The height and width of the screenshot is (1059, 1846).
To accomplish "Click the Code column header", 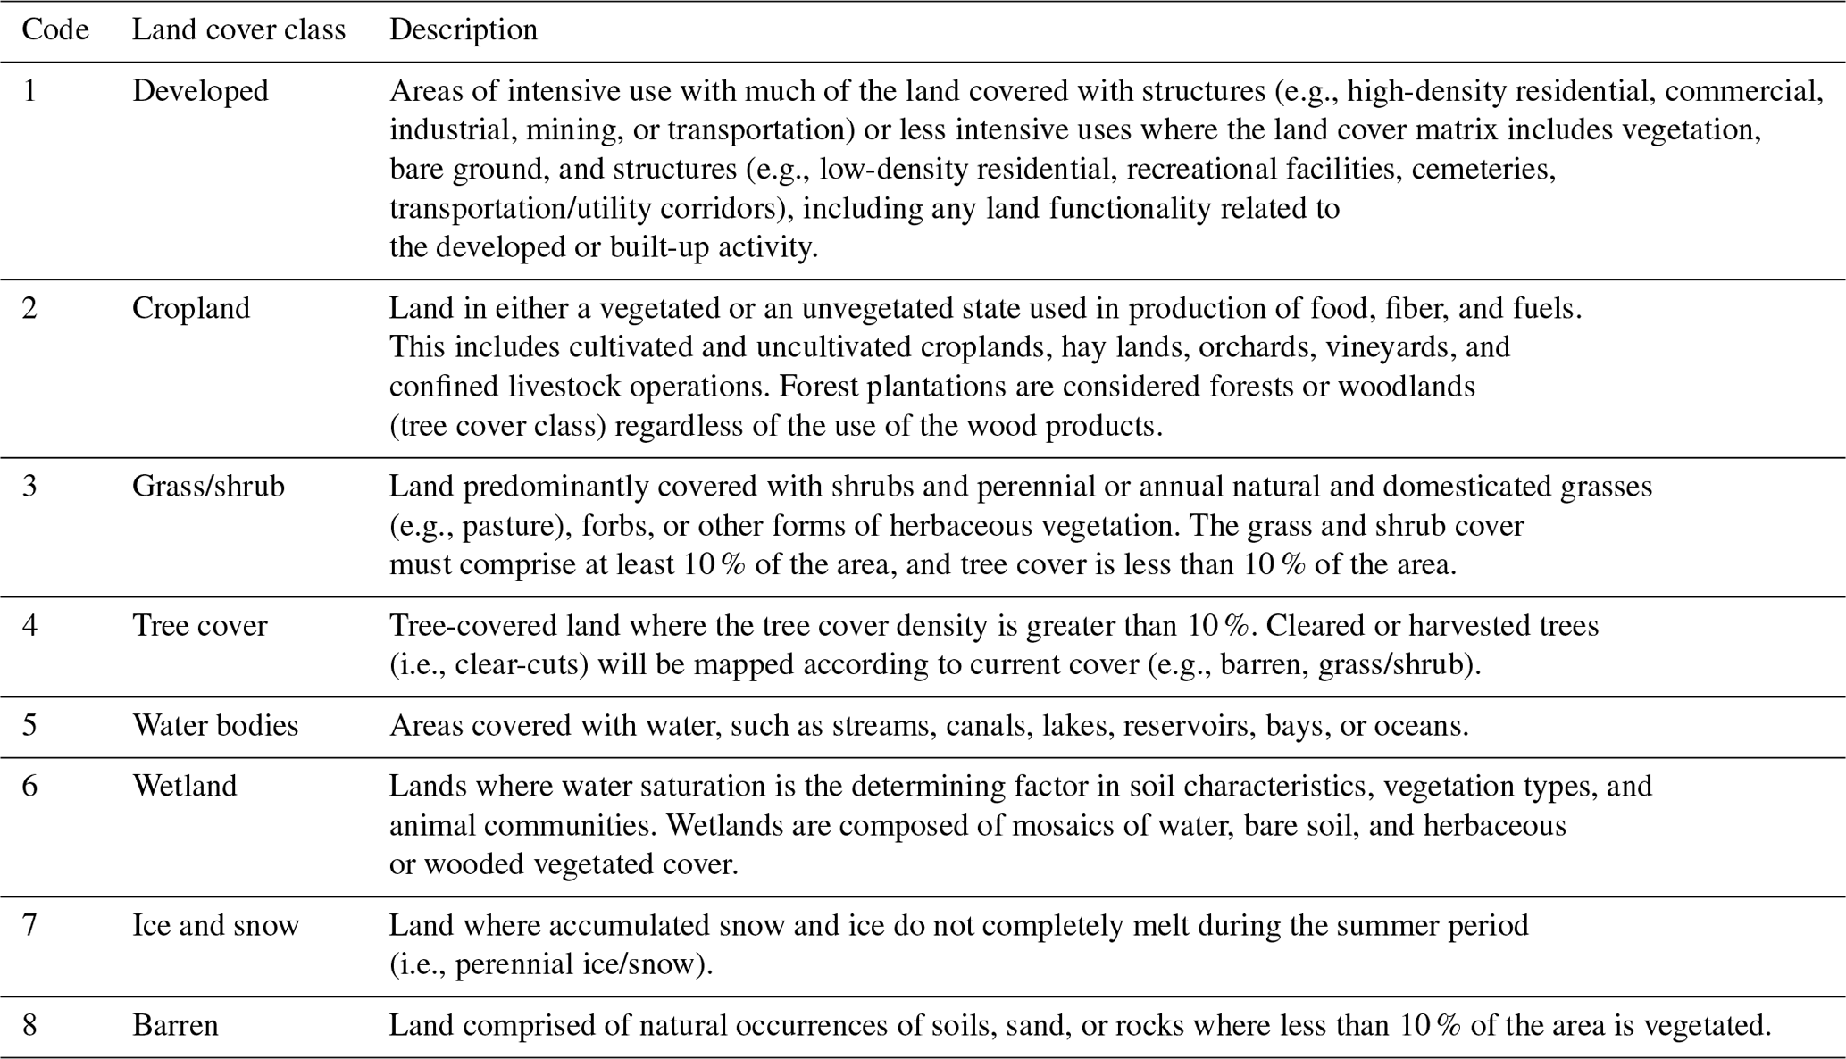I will [x=55, y=29].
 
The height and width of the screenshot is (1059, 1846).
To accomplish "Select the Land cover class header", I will [x=238, y=29].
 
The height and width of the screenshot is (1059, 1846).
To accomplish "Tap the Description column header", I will [x=463, y=29].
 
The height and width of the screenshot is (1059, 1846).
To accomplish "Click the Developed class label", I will [x=200, y=91].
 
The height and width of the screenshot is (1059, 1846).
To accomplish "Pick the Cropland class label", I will [x=191, y=308].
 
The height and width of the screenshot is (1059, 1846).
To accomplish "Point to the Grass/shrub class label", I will [x=208, y=486].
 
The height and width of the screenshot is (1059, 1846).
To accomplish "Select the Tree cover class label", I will [x=199, y=625].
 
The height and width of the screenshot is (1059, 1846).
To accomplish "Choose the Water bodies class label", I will [x=215, y=725].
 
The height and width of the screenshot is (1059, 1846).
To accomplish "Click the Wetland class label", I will [x=185, y=786].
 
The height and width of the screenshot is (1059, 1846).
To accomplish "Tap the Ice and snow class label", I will [x=215, y=925].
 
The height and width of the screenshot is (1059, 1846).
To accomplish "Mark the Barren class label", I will [x=175, y=1025].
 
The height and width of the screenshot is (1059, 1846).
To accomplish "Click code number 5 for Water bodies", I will [x=29, y=725].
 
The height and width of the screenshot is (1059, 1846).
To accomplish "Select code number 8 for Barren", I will [x=29, y=1025].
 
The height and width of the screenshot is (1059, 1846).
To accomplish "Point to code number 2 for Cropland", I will [x=29, y=308].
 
